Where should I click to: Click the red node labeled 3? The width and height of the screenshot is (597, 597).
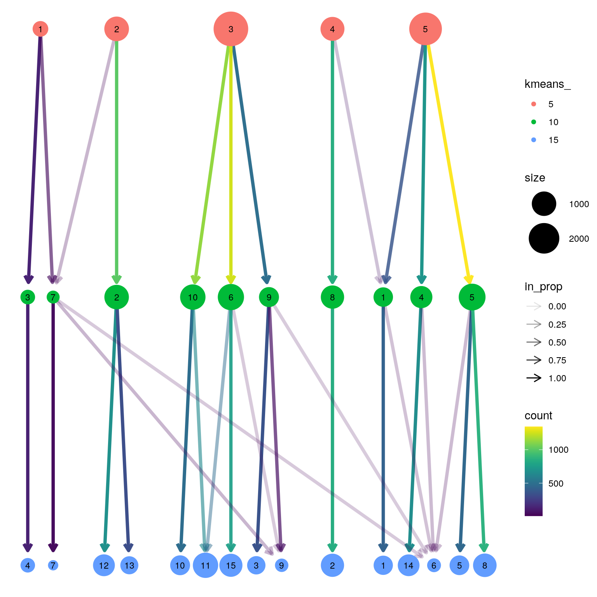231,29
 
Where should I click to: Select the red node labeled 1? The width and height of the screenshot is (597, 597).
40,29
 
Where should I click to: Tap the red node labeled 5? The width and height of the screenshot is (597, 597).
425,29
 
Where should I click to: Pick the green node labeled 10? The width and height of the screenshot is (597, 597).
193,297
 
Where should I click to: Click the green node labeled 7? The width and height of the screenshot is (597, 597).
53,297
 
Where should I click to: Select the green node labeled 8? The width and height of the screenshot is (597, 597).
332,297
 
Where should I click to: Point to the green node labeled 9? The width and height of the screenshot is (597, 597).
269,297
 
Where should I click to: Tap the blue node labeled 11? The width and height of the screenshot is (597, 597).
205,566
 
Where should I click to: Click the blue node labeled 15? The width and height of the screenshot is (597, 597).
231,566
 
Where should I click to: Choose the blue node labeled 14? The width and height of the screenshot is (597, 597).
408,566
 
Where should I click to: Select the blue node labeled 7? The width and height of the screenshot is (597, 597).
53,566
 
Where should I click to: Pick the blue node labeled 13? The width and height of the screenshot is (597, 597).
129,566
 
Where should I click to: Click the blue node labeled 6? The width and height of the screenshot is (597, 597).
434,566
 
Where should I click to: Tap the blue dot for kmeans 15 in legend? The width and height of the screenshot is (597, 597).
534,140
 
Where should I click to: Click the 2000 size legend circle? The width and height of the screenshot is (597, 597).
544,238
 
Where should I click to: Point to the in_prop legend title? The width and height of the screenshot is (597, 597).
543,287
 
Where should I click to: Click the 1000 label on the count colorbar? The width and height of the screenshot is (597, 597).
559,450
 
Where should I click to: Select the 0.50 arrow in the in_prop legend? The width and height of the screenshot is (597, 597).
534,342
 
